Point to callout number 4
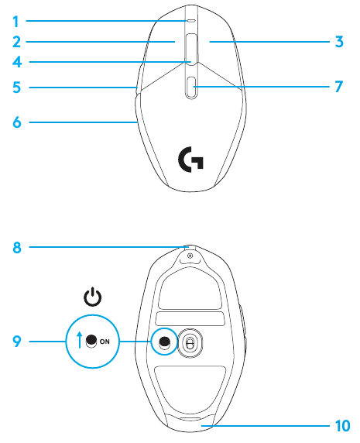tap(15, 63)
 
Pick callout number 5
tap(15, 88)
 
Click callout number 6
tap(15, 122)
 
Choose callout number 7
tap(339, 87)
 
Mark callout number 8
tap(15, 248)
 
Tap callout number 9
tap(15, 340)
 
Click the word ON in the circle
tap(105, 341)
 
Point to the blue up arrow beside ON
tap(80, 340)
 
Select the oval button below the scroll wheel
tap(191, 86)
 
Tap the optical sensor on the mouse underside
tap(189, 342)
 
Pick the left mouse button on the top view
tap(165, 50)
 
